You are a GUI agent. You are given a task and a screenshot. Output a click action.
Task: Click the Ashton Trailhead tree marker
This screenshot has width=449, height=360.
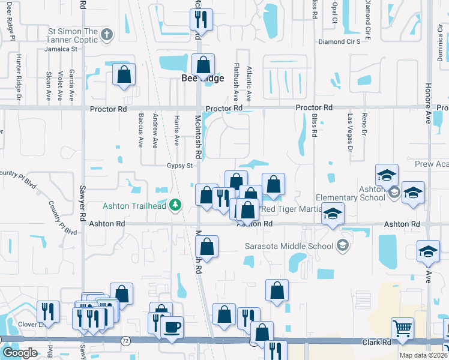(175, 205)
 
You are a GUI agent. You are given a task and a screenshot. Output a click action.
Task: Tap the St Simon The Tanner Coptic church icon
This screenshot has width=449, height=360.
(107, 34)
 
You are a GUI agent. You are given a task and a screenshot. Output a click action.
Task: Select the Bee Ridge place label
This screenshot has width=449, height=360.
(203, 79)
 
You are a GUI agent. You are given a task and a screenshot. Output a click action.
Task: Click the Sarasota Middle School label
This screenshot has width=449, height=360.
(289, 245)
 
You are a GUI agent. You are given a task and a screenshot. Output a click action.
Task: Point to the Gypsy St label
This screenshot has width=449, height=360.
(179, 166)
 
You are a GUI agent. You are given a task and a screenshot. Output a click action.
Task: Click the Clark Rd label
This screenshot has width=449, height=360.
(376, 343)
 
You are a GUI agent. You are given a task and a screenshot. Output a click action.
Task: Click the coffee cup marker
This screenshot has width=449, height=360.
(172, 327)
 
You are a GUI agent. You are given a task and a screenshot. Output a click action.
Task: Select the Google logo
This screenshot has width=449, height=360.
(19, 352)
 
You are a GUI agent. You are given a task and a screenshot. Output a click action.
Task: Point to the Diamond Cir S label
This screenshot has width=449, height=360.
(339, 41)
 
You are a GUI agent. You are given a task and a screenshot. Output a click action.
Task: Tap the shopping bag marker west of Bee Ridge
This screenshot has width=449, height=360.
(124, 74)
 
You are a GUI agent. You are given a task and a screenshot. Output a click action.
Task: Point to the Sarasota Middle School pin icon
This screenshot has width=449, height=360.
(342, 245)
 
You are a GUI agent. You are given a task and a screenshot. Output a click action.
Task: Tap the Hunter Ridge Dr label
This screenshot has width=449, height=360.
(19, 76)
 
